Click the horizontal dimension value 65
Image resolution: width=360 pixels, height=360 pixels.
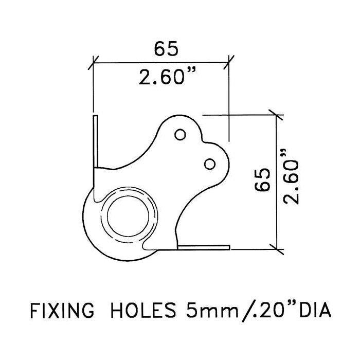(x=166, y=49)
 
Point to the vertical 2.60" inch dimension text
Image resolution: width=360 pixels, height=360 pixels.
(x=291, y=177)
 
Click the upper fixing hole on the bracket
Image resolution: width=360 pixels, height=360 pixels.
(x=180, y=135)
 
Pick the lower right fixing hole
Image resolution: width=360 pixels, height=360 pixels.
(x=210, y=164)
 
